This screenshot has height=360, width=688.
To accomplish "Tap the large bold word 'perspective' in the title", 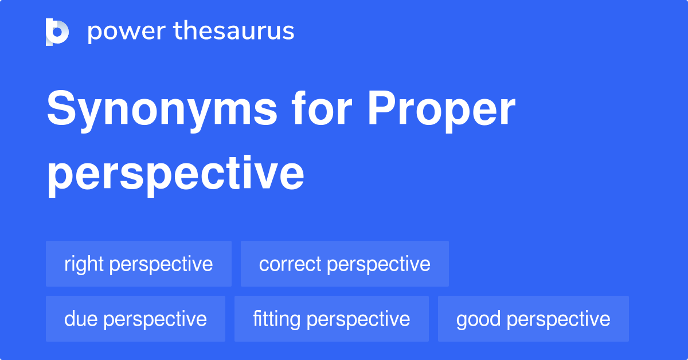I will pyautogui.click(x=175, y=174).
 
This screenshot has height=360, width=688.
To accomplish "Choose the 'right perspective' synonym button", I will pyautogui.click(x=139, y=264).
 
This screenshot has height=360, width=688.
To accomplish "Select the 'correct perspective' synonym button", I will pyautogui.click(x=345, y=264).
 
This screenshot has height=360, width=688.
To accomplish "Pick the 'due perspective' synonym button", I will pyautogui.click(x=135, y=319).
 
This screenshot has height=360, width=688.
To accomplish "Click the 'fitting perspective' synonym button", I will pyautogui.click(x=331, y=319).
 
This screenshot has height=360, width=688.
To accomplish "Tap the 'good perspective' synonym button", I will pyautogui.click(x=533, y=319).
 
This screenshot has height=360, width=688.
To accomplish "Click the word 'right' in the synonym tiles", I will pyautogui.click(x=84, y=264).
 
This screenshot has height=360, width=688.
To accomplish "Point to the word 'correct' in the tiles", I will pyautogui.click(x=290, y=264).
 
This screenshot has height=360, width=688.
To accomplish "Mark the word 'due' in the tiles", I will pyautogui.click(x=80, y=319).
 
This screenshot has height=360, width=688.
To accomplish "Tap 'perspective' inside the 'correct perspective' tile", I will pyautogui.click(x=379, y=264).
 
